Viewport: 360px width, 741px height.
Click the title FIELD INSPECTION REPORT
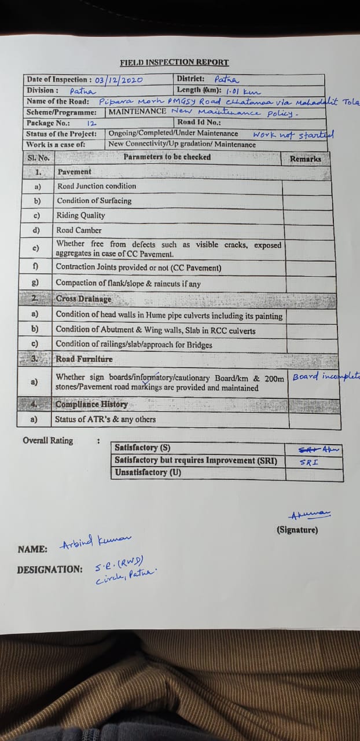(x=174, y=63)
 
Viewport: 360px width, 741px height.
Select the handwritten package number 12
(x=91, y=123)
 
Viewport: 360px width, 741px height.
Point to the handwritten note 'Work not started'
(x=293, y=134)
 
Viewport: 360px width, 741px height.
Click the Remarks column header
(x=306, y=159)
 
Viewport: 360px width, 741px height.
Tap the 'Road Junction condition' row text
(x=97, y=186)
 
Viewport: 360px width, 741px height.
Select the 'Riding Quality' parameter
(x=81, y=215)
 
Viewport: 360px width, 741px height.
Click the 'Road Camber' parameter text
(x=79, y=230)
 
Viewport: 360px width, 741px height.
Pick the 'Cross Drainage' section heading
(x=83, y=299)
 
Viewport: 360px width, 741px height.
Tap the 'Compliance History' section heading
(x=91, y=404)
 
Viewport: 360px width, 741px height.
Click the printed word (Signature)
(x=297, y=530)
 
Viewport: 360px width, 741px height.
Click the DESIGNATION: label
(x=50, y=570)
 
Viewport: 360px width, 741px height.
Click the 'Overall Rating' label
(x=48, y=441)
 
